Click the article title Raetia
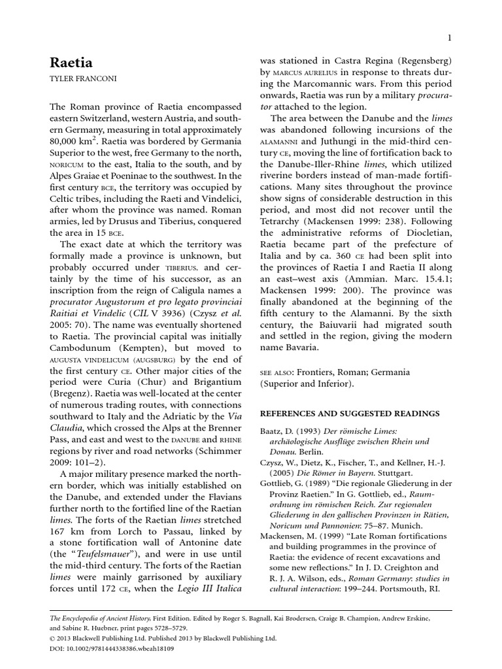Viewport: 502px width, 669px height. click(71, 63)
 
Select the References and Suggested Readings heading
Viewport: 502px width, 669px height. click(350, 414)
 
